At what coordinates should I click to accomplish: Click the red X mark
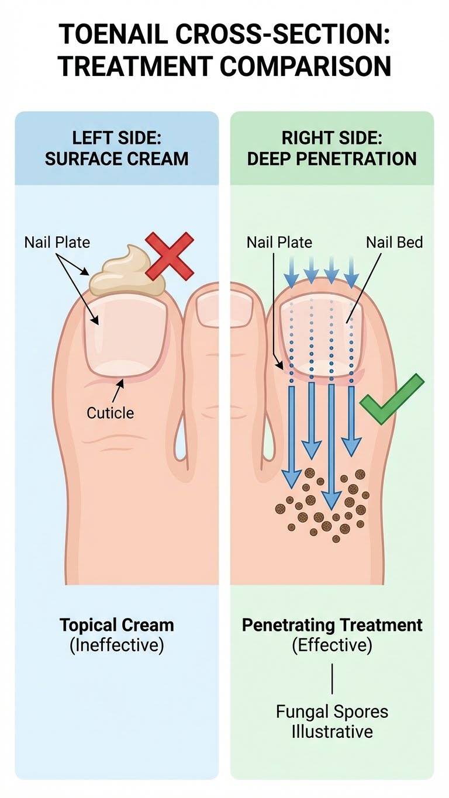tap(170, 255)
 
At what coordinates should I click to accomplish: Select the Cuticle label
tap(110, 413)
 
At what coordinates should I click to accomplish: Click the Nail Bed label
tap(394, 241)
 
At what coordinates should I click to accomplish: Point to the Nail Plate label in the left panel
tap(57, 241)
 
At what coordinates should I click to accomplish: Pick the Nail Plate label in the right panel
tap(279, 241)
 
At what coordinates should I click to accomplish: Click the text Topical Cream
tap(117, 624)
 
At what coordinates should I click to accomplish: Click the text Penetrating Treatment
tap(332, 624)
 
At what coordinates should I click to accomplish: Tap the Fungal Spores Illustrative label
tap(332, 721)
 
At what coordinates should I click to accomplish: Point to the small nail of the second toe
tap(215, 310)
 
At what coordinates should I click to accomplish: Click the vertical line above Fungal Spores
tap(332, 678)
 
